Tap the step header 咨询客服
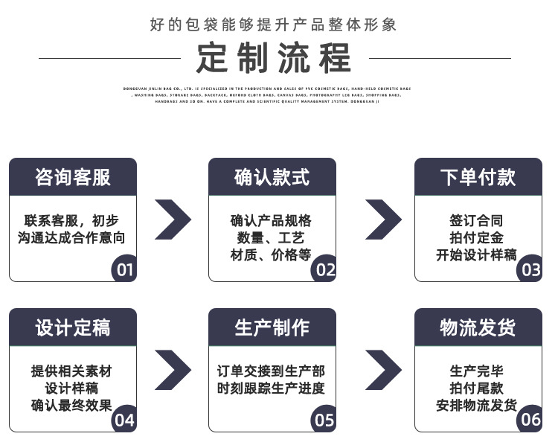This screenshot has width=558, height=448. pyautogui.click(x=73, y=177)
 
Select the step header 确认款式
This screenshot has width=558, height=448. pyautogui.click(x=272, y=177)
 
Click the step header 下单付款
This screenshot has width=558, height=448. pyautogui.click(x=478, y=177)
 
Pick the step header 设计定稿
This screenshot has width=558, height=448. pyautogui.click(x=73, y=327)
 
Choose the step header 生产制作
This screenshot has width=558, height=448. pyautogui.click(x=272, y=327)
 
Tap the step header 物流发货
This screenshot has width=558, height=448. pyautogui.click(x=478, y=327)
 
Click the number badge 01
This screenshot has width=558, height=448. pyautogui.click(x=124, y=269)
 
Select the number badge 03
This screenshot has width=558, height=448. pyautogui.click(x=530, y=269)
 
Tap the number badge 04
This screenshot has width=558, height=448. pyautogui.click(x=124, y=420)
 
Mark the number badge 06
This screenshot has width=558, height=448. pyautogui.click(x=530, y=420)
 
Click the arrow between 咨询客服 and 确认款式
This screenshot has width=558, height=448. pyautogui.click(x=173, y=219)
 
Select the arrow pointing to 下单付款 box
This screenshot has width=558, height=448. pyautogui.click(x=382, y=219)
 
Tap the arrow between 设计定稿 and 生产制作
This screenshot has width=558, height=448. pyautogui.click(x=173, y=370)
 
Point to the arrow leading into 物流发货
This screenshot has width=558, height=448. pyautogui.click(x=382, y=370)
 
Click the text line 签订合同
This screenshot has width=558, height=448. pyautogui.click(x=476, y=220)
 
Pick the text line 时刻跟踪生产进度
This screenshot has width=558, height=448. pyautogui.click(x=272, y=388)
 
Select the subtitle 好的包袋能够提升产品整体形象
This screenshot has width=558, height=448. pyautogui.click(x=274, y=25)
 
